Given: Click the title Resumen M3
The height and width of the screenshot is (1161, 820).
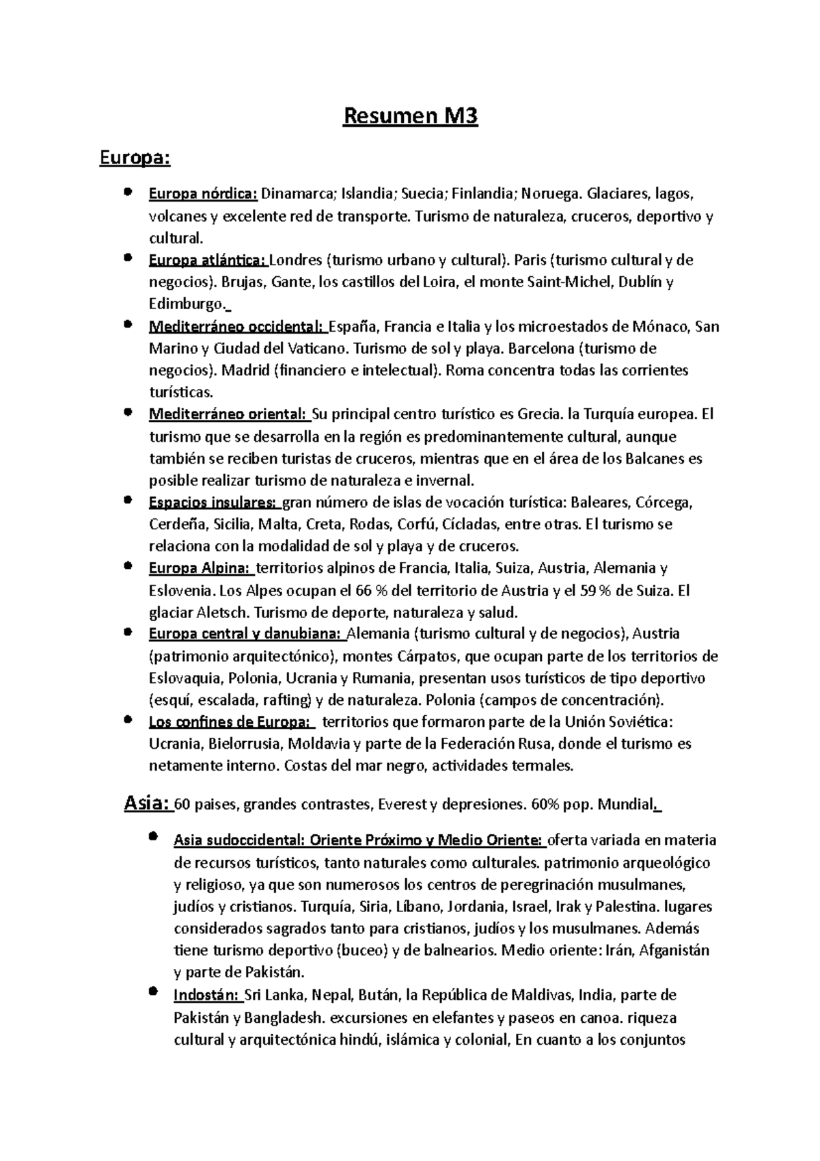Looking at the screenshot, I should (409, 117).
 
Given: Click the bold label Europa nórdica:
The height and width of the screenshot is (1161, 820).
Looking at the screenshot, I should (203, 194).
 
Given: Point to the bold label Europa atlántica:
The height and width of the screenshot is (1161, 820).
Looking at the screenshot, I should (208, 261).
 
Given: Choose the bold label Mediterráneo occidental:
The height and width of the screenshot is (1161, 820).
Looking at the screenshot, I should (236, 327).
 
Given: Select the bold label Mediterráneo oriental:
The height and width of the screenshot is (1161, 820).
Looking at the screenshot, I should (228, 414).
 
